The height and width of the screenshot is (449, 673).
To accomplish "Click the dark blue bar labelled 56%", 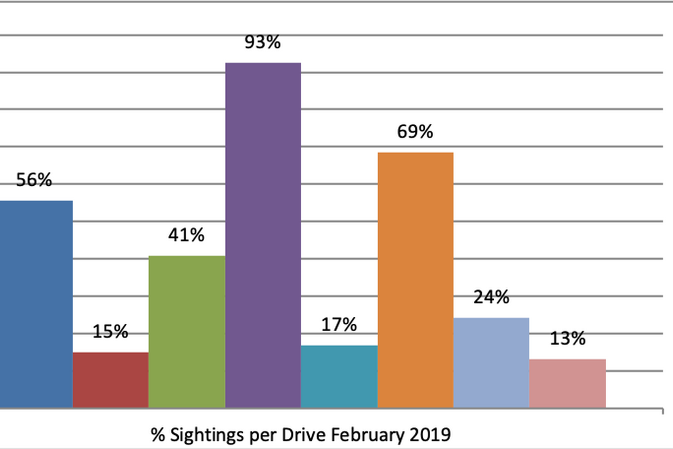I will tap(36, 304).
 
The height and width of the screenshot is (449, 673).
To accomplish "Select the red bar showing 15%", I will tap(110, 380).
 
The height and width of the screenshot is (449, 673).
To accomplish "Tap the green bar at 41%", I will tap(187, 332).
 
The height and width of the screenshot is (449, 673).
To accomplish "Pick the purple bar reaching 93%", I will tap(263, 235).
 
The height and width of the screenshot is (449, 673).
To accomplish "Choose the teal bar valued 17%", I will tap(339, 376).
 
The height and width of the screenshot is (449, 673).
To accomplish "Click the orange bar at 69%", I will tap(415, 280).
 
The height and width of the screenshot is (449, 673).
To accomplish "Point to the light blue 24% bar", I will tap(491, 362).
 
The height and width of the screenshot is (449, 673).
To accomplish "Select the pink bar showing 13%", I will tap(567, 383).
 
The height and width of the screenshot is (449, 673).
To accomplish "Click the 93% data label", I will tap(262, 43).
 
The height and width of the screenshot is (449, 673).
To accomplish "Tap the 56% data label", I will tap(34, 181).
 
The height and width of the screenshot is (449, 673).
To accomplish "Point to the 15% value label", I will tap(110, 332).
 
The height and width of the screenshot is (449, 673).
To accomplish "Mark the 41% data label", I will tap(186, 235).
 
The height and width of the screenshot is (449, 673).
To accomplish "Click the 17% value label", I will tap(339, 325).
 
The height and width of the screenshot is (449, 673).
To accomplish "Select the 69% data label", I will tap(415, 132).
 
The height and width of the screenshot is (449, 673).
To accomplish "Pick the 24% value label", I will tap(491, 297).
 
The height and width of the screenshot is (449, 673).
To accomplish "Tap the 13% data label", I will tap(567, 339).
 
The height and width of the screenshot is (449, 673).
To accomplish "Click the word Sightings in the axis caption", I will tap(204, 435).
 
